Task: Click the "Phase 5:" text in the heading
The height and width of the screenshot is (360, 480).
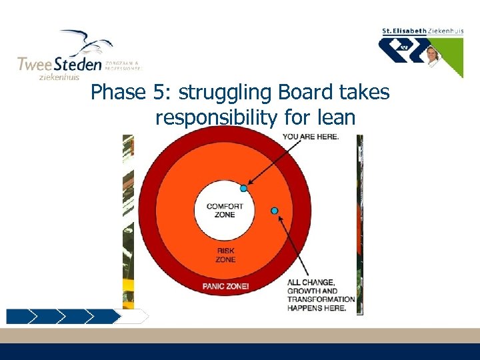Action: (x=117, y=92)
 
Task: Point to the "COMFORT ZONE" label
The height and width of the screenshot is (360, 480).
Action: (x=225, y=210)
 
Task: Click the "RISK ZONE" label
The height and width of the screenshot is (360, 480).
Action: (x=225, y=255)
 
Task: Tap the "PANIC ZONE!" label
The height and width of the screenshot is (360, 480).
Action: (x=225, y=286)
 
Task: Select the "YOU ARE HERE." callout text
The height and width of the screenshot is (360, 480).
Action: (x=311, y=137)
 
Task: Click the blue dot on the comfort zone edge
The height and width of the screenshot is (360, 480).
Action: (x=244, y=189)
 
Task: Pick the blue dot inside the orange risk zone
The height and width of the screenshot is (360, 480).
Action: (x=274, y=211)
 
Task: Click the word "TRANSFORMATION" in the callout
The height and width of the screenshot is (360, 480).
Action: (x=321, y=299)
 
